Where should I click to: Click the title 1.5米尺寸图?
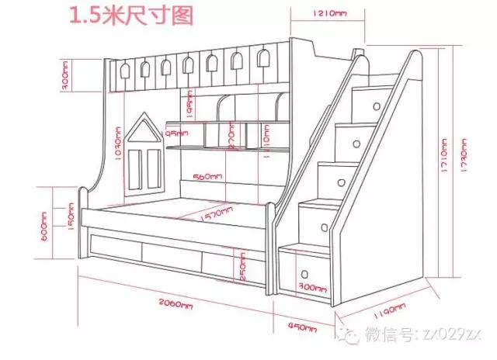pyautogui.click(x=130, y=16)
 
